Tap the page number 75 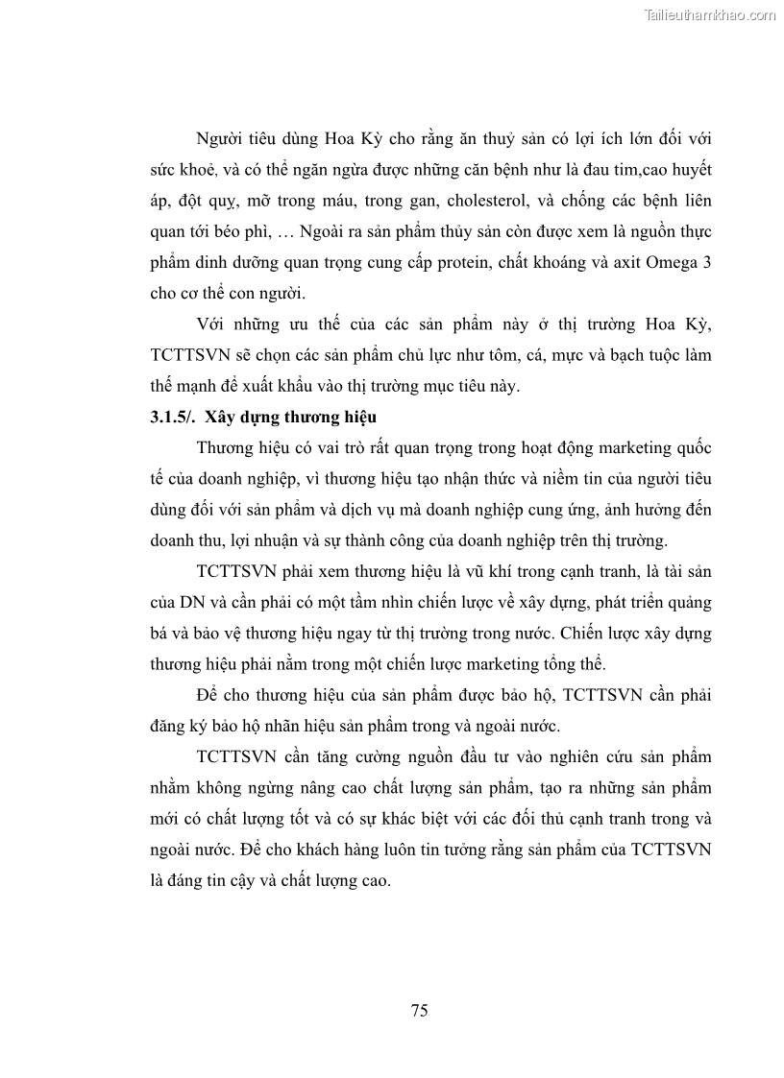click(x=419, y=1010)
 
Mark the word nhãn click(x=296, y=727)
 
